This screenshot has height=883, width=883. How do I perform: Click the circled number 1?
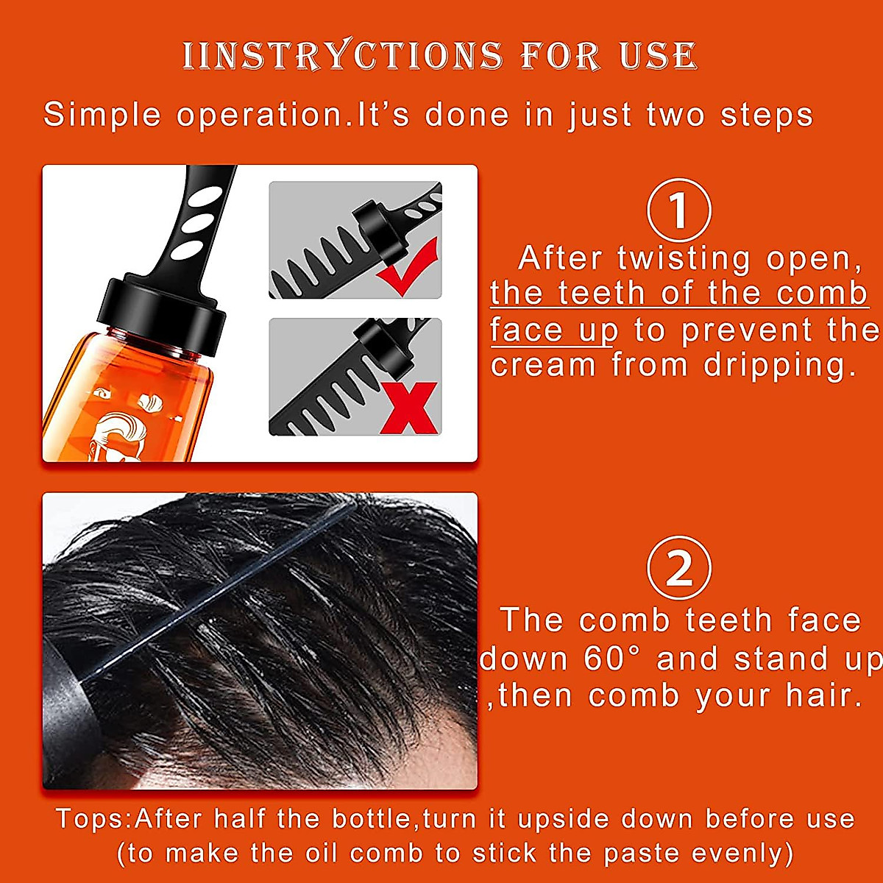point(678,210)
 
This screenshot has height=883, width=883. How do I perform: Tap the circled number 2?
point(678,569)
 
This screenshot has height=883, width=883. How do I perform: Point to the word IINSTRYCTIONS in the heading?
point(342,56)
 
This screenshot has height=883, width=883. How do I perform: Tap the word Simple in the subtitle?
point(102,115)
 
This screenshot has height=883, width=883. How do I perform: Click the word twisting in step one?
point(684,258)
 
